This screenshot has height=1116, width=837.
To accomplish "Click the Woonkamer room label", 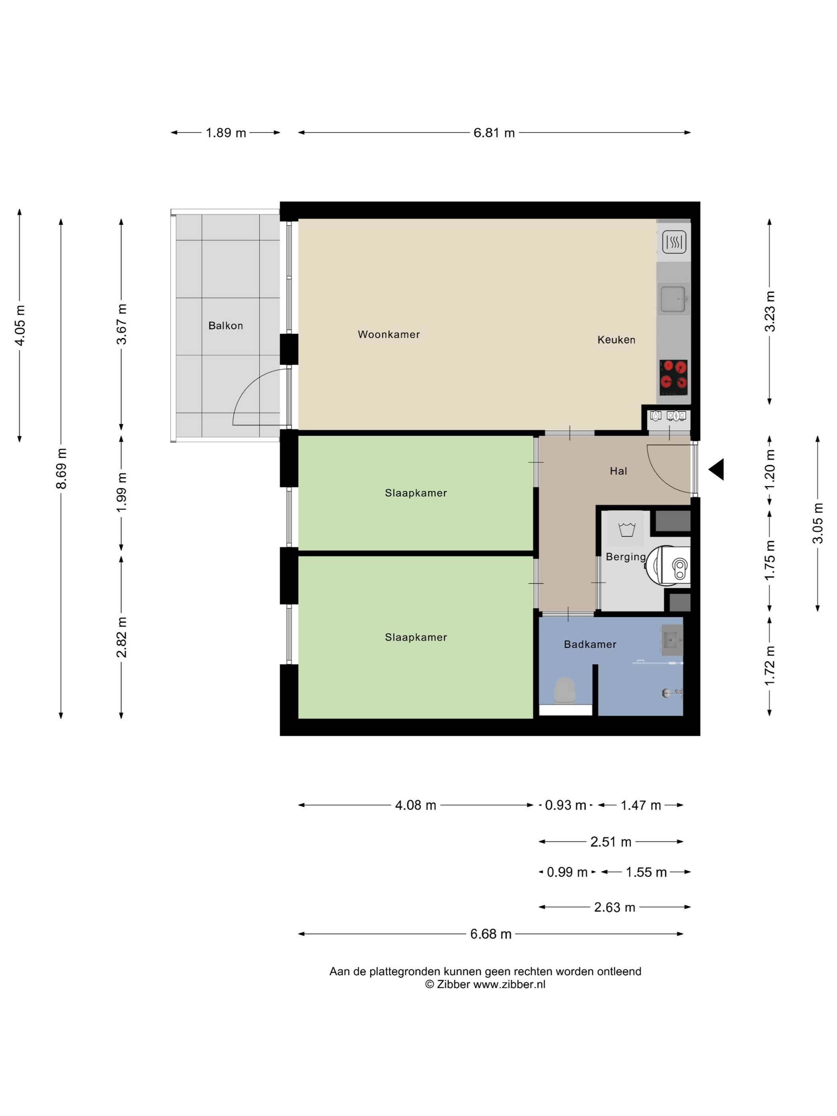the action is coord(389,334).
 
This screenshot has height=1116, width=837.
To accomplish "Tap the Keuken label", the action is coord(616,340).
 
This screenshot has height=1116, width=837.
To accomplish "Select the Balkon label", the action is coord(226,326).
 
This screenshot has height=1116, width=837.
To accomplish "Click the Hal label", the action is coord(618,471).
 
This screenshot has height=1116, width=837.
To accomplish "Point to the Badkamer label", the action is coord(590,644).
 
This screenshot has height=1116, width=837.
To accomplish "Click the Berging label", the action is coord(626,557).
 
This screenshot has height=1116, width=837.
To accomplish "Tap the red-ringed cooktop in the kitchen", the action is coord(674,378).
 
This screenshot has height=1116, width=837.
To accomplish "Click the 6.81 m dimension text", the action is coord(494,133).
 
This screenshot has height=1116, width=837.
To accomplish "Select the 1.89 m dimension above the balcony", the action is coord(226,133).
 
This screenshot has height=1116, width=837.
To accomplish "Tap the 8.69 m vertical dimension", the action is coord(61,469).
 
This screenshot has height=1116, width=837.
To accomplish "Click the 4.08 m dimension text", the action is coord(415,805).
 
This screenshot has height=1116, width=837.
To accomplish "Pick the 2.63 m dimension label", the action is coord(614,907).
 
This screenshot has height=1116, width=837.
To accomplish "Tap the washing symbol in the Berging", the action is coord(627,530).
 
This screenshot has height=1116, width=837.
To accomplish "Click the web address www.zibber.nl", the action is coord(509,984).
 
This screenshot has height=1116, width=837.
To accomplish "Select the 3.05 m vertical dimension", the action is coord(818,523).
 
